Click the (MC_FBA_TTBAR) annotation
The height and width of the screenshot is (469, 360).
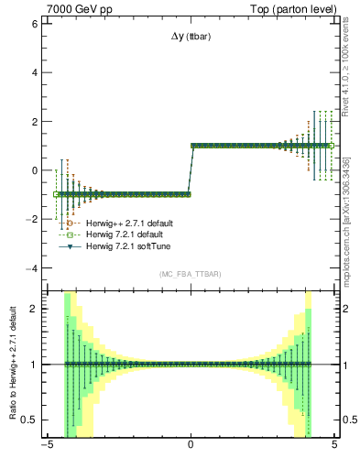(x=190, y=274)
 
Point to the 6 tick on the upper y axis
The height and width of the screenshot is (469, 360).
(x=34, y=23)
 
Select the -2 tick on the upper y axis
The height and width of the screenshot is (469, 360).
(x=32, y=219)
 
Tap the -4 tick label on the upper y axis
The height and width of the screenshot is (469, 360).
(x=32, y=268)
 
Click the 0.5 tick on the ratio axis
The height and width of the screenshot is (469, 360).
(x=28, y=420)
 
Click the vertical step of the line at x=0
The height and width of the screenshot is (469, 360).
(x=190, y=169)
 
